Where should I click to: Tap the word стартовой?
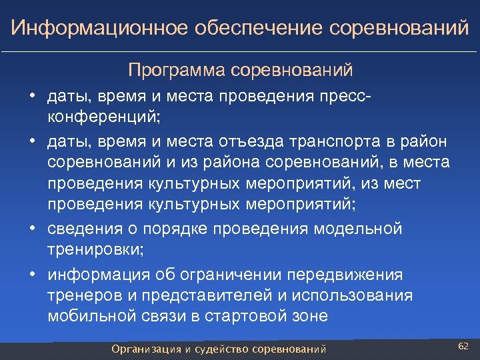pos(248,316)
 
